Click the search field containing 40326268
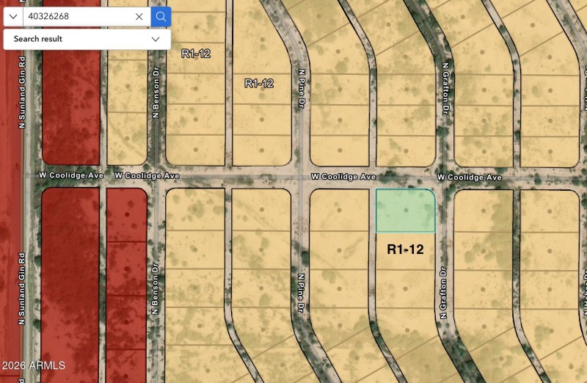tap(77, 16)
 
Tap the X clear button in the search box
tap(139, 16)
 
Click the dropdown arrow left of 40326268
tap(13, 16)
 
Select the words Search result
tap(38, 39)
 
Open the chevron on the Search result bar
tap(156, 39)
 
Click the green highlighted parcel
tap(405, 211)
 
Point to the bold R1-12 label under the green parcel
tap(405, 249)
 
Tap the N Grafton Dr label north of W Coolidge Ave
tap(445, 89)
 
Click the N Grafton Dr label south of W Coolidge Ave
tap(444, 293)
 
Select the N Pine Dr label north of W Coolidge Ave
tap(301, 90)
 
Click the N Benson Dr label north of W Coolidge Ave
tap(156, 93)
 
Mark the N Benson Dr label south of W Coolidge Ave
tap(156, 290)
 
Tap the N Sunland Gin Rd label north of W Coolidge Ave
tap(22, 93)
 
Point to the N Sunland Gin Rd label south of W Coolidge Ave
tap(22, 290)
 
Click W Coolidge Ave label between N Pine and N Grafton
tap(343, 177)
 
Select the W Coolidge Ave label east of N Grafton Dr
tap(470, 178)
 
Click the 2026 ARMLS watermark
tap(33, 365)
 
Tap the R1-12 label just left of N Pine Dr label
tap(259, 84)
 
